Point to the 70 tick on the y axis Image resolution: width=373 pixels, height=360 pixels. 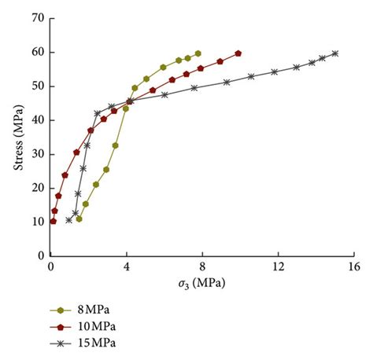click(x=37, y=18)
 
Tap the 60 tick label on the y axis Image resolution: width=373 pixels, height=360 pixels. click(x=37, y=52)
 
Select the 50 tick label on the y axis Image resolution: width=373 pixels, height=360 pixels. click(x=37, y=86)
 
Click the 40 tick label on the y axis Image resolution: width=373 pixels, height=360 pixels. click(x=37, y=119)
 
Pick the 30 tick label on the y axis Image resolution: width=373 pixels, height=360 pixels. click(x=37, y=154)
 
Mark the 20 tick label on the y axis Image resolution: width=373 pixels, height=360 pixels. click(x=37, y=188)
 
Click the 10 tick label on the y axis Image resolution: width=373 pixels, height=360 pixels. click(x=37, y=222)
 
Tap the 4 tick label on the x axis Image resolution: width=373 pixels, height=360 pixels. click(x=127, y=266)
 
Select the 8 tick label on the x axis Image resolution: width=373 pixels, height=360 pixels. click(x=202, y=266)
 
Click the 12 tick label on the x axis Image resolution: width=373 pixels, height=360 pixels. click(x=278, y=266)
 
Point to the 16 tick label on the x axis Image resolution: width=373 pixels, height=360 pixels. click(x=353, y=266)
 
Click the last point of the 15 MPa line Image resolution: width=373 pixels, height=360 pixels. click(x=335, y=53)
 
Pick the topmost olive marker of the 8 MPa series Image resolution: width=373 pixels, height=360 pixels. click(x=198, y=53)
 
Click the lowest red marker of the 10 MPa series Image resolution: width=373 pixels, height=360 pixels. click(x=53, y=221)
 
